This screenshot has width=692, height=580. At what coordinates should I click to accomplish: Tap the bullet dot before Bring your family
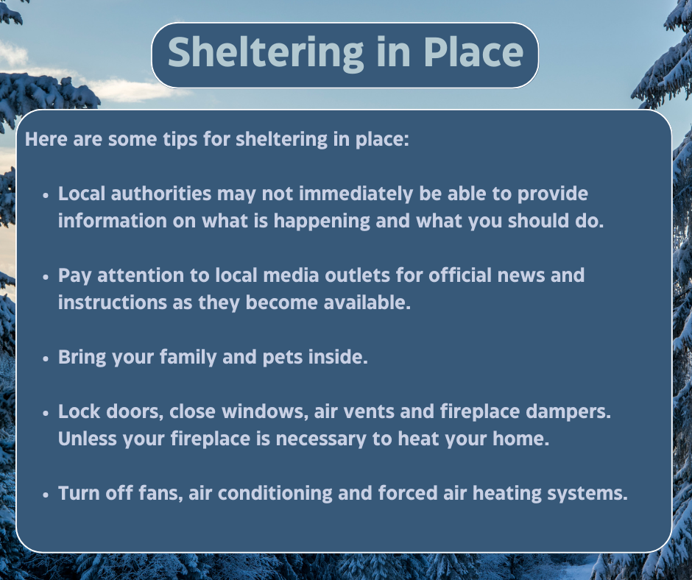pos(46,358)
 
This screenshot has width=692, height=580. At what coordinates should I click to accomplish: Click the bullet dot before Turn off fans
pos(46,494)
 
